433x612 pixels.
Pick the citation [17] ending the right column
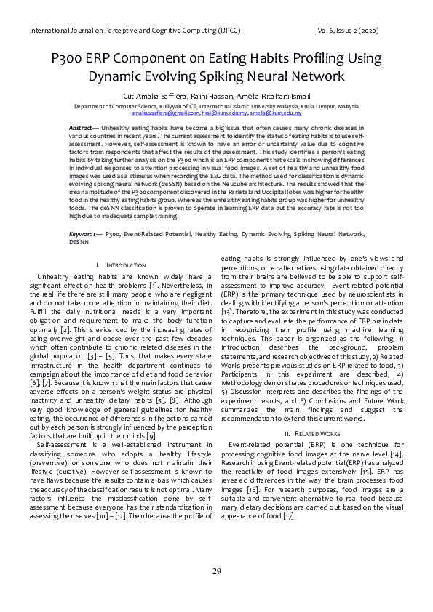(288, 516)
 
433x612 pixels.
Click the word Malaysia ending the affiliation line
(343, 106)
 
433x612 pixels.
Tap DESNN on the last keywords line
(79, 242)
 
